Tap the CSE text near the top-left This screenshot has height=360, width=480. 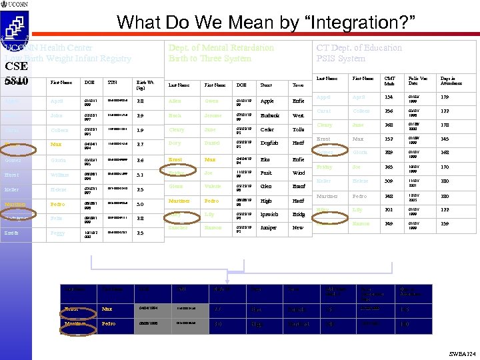16,66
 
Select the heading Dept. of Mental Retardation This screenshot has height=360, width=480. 221,48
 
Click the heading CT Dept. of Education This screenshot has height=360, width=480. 359,48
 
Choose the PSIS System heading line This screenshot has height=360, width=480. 341,59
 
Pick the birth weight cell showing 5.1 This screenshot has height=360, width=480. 140,175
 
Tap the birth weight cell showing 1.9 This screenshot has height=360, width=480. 140,130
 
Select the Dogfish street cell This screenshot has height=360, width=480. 270,143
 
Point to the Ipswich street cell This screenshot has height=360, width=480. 269,215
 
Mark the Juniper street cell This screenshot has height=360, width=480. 269,228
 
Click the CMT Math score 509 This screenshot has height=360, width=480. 389,180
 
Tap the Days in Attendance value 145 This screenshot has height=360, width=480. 445,139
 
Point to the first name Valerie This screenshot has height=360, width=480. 213,187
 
